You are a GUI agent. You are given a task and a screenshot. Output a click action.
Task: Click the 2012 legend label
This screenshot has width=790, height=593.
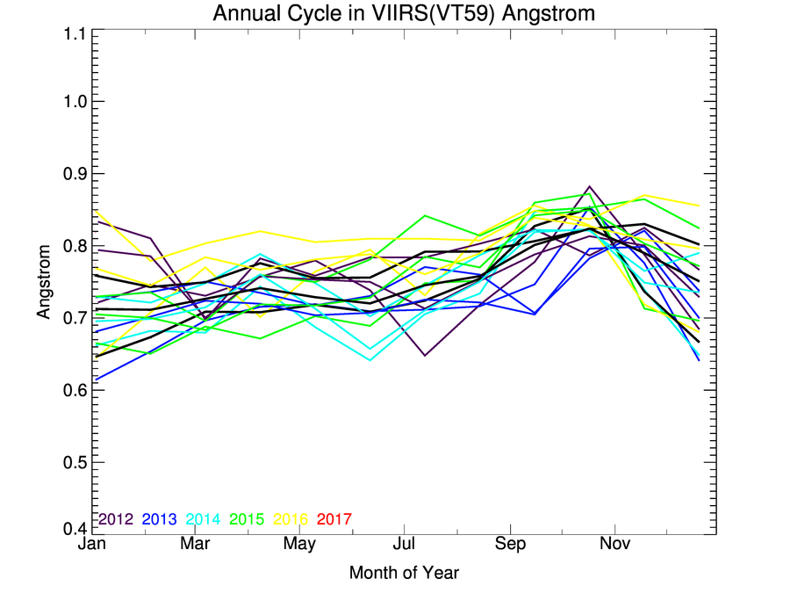(115, 519)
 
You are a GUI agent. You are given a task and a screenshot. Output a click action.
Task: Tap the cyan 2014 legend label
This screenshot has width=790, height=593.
(205, 519)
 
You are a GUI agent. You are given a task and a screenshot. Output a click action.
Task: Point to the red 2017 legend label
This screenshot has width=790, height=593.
(334, 519)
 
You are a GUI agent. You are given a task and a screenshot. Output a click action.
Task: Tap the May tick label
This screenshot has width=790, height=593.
(300, 545)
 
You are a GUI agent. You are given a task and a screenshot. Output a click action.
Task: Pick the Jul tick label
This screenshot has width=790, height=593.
(403, 545)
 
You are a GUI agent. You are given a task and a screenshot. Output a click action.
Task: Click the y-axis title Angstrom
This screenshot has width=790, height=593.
(44, 280)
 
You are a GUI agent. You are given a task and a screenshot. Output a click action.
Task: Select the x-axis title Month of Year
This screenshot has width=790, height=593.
(404, 573)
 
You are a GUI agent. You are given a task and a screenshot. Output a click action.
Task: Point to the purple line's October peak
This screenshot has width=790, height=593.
(588, 185)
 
